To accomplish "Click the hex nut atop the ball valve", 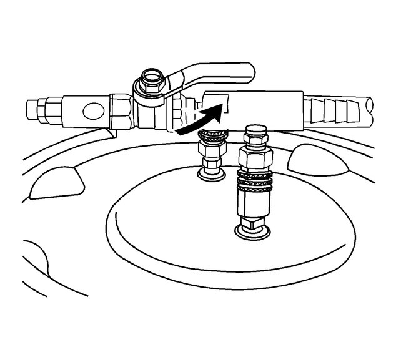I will click(152, 80).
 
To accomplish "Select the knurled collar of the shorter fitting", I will click(210, 135).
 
